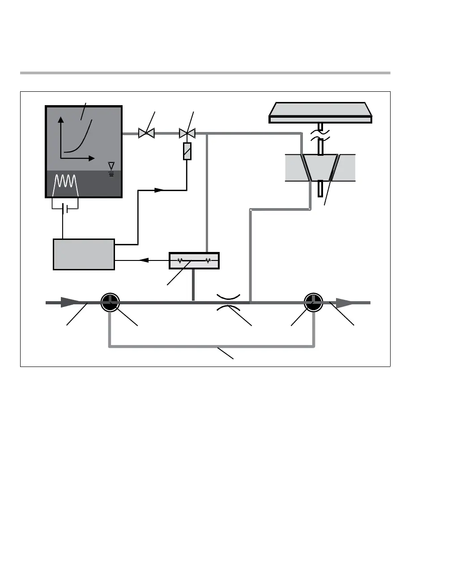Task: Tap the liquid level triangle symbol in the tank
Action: pyautogui.click(x=111, y=166)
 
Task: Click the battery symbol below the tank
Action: pyautogui.click(x=65, y=209)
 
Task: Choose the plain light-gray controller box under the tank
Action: pyautogui.click(x=84, y=254)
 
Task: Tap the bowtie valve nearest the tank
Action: pyautogui.click(x=146, y=133)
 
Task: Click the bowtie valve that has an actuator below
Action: pyautogui.click(x=187, y=133)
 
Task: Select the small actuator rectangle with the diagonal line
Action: pyautogui.click(x=187, y=151)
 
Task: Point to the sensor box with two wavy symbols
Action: pyautogui.click(x=194, y=260)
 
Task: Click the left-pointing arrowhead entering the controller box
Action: pyautogui.click(x=144, y=260)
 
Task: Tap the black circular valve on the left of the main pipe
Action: pyautogui.click(x=110, y=303)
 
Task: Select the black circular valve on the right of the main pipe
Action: pyautogui.click(x=314, y=303)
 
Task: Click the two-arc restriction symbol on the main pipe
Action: pyautogui.click(x=229, y=303)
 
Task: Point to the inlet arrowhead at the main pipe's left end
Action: pyautogui.click(x=69, y=303)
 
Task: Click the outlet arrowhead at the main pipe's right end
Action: pyautogui.click(x=345, y=303)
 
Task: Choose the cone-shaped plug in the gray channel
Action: pyautogui.click(x=320, y=167)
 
